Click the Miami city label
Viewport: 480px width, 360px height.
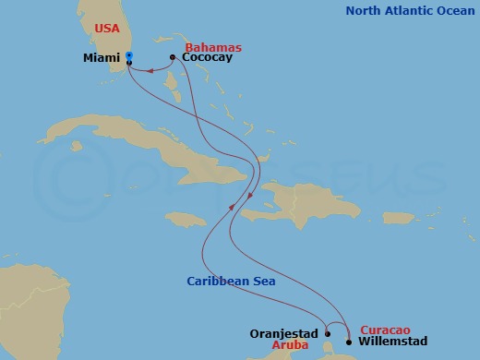pos(102,58)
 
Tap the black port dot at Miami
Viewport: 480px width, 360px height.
pos(129,62)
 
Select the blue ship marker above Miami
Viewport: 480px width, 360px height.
pos(129,55)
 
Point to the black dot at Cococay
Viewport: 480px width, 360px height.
pos(173,58)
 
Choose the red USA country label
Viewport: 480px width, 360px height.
pos(107,29)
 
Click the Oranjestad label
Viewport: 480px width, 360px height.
pos(283,333)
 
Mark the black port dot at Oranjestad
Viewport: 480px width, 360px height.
pos(328,334)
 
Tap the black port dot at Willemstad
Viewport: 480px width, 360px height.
pos(348,342)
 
